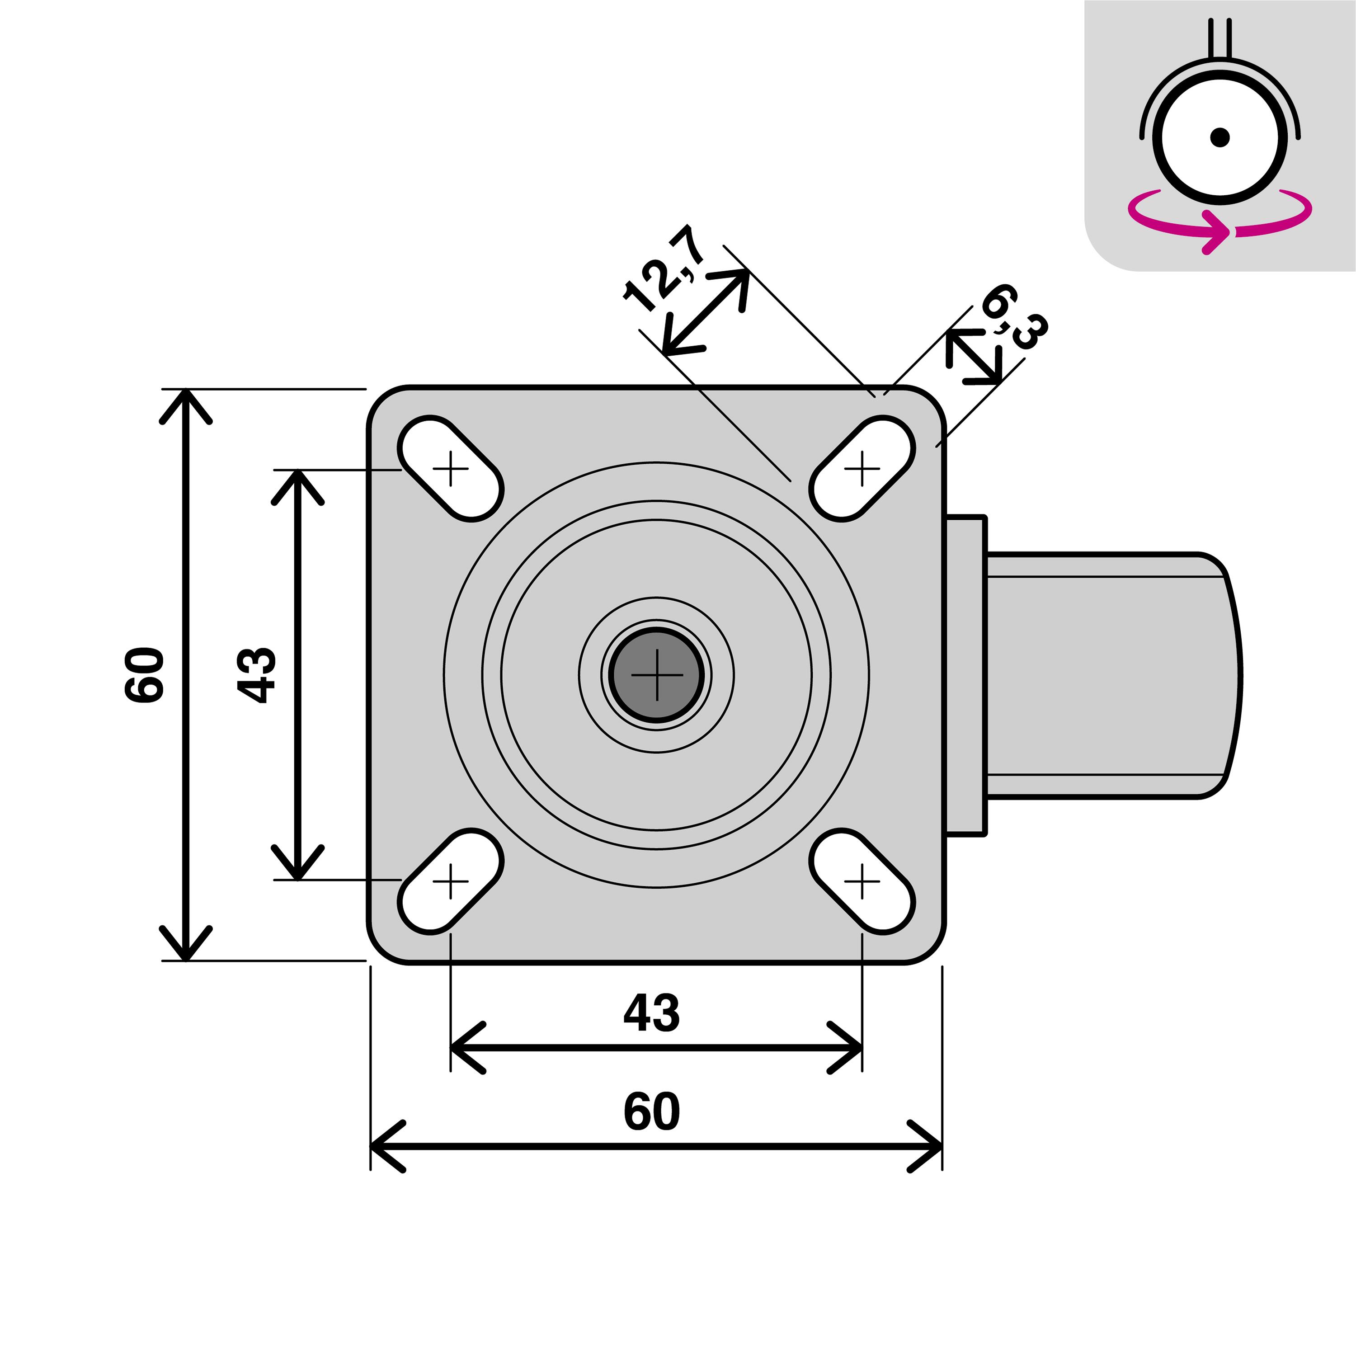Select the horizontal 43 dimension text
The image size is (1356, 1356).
click(x=651, y=1013)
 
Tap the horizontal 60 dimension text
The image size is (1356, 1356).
click(x=651, y=1111)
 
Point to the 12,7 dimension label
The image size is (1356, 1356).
click(x=663, y=267)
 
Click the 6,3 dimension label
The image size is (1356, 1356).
click(x=1015, y=316)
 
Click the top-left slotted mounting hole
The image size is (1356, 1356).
click(x=451, y=468)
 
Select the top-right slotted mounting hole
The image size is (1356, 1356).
click(x=862, y=468)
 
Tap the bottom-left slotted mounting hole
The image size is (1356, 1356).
click(x=451, y=881)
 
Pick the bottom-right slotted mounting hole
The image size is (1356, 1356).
click(x=862, y=881)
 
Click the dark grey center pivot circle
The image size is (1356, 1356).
click(x=656, y=674)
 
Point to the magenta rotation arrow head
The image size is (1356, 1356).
click(x=1218, y=231)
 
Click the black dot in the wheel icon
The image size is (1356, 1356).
click(x=1220, y=137)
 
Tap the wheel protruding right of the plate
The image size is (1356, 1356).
click(x=1109, y=674)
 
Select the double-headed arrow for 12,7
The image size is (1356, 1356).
click(x=706, y=312)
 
